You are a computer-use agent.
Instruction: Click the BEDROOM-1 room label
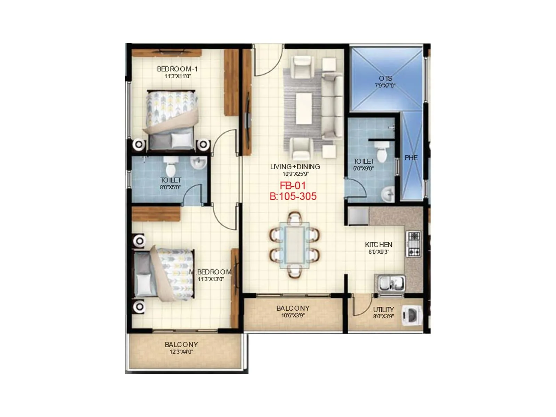point(177,69)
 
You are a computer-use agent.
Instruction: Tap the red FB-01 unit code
point(293,186)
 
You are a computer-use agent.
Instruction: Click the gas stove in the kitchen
point(414,244)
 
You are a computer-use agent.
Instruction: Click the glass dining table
point(295,245)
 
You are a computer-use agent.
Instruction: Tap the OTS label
point(385,78)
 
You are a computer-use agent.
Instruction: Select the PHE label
point(411,158)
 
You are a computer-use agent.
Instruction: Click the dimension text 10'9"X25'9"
point(295,174)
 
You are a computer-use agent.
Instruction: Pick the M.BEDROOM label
point(211,272)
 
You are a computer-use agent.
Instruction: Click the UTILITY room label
point(383,309)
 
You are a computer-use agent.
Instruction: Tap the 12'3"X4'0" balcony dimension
point(181,352)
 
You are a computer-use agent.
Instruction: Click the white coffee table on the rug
point(304,108)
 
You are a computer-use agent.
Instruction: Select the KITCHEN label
point(378,245)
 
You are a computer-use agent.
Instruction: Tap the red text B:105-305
point(293,196)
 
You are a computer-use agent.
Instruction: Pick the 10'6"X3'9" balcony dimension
point(293,316)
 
